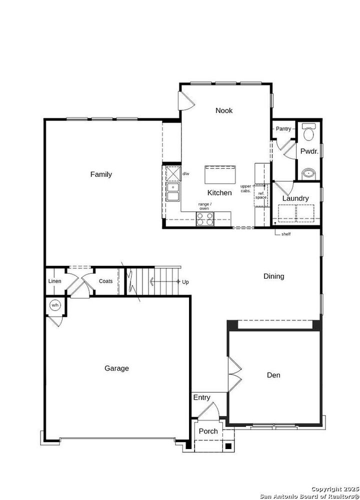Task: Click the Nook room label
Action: coord(224,110)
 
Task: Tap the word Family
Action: coord(101,174)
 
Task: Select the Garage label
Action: coord(116,368)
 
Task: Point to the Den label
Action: coord(273,375)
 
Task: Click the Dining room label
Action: coord(274,276)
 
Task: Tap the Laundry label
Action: coord(295,198)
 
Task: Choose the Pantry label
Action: coord(283,129)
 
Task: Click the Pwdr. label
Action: coord(309,151)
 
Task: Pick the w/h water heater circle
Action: coord(54,306)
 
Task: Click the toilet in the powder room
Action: coord(308,132)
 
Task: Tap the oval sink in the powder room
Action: coord(309,174)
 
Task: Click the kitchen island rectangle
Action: coord(219,175)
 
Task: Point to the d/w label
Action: coord(185,174)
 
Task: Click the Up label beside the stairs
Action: coord(185,282)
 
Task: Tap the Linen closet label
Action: coord(54,281)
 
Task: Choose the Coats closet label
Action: coord(105,281)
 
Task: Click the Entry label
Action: coord(201,398)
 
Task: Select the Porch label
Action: coord(208,431)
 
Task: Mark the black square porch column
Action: coord(227,446)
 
